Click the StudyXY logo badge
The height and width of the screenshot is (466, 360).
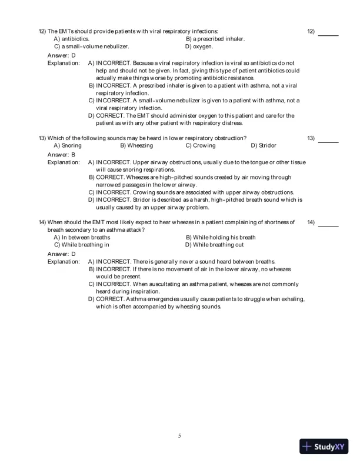click(325, 447)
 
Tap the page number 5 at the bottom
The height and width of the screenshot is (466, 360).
click(179, 435)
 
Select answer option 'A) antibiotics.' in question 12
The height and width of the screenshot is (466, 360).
click(72, 38)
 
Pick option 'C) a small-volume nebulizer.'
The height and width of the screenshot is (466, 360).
click(91, 46)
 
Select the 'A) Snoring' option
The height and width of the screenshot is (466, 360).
click(68, 145)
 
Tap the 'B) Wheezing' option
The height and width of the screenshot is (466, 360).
click(136, 145)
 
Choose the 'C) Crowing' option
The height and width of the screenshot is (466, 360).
click(201, 145)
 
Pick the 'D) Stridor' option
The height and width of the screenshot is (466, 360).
click(264, 145)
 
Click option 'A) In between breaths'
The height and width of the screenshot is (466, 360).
click(82, 237)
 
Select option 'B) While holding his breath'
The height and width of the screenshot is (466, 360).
click(221, 237)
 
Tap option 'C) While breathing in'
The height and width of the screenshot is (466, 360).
click(81, 245)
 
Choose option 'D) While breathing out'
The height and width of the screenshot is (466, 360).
click(214, 245)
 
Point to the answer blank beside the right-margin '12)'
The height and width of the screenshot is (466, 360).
click(328, 35)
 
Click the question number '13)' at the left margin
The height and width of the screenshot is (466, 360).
click(42, 138)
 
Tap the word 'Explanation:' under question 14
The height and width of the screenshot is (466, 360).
click(64, 261)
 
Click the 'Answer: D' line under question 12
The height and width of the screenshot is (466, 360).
click(61, 55)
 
